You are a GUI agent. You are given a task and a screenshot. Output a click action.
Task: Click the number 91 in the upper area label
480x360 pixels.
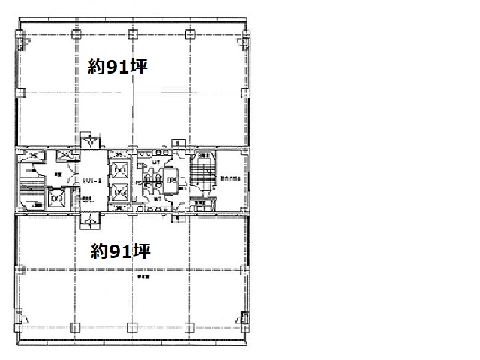pos(121,67)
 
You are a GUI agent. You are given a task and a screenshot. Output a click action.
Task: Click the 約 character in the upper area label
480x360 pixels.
pos(96,67)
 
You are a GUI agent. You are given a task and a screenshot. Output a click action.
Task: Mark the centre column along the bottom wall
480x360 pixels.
pos(132,327)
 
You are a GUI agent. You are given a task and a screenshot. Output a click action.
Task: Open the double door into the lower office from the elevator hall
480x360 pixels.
pos(90,220)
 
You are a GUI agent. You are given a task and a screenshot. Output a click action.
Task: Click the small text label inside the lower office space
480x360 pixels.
pos(142,277)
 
